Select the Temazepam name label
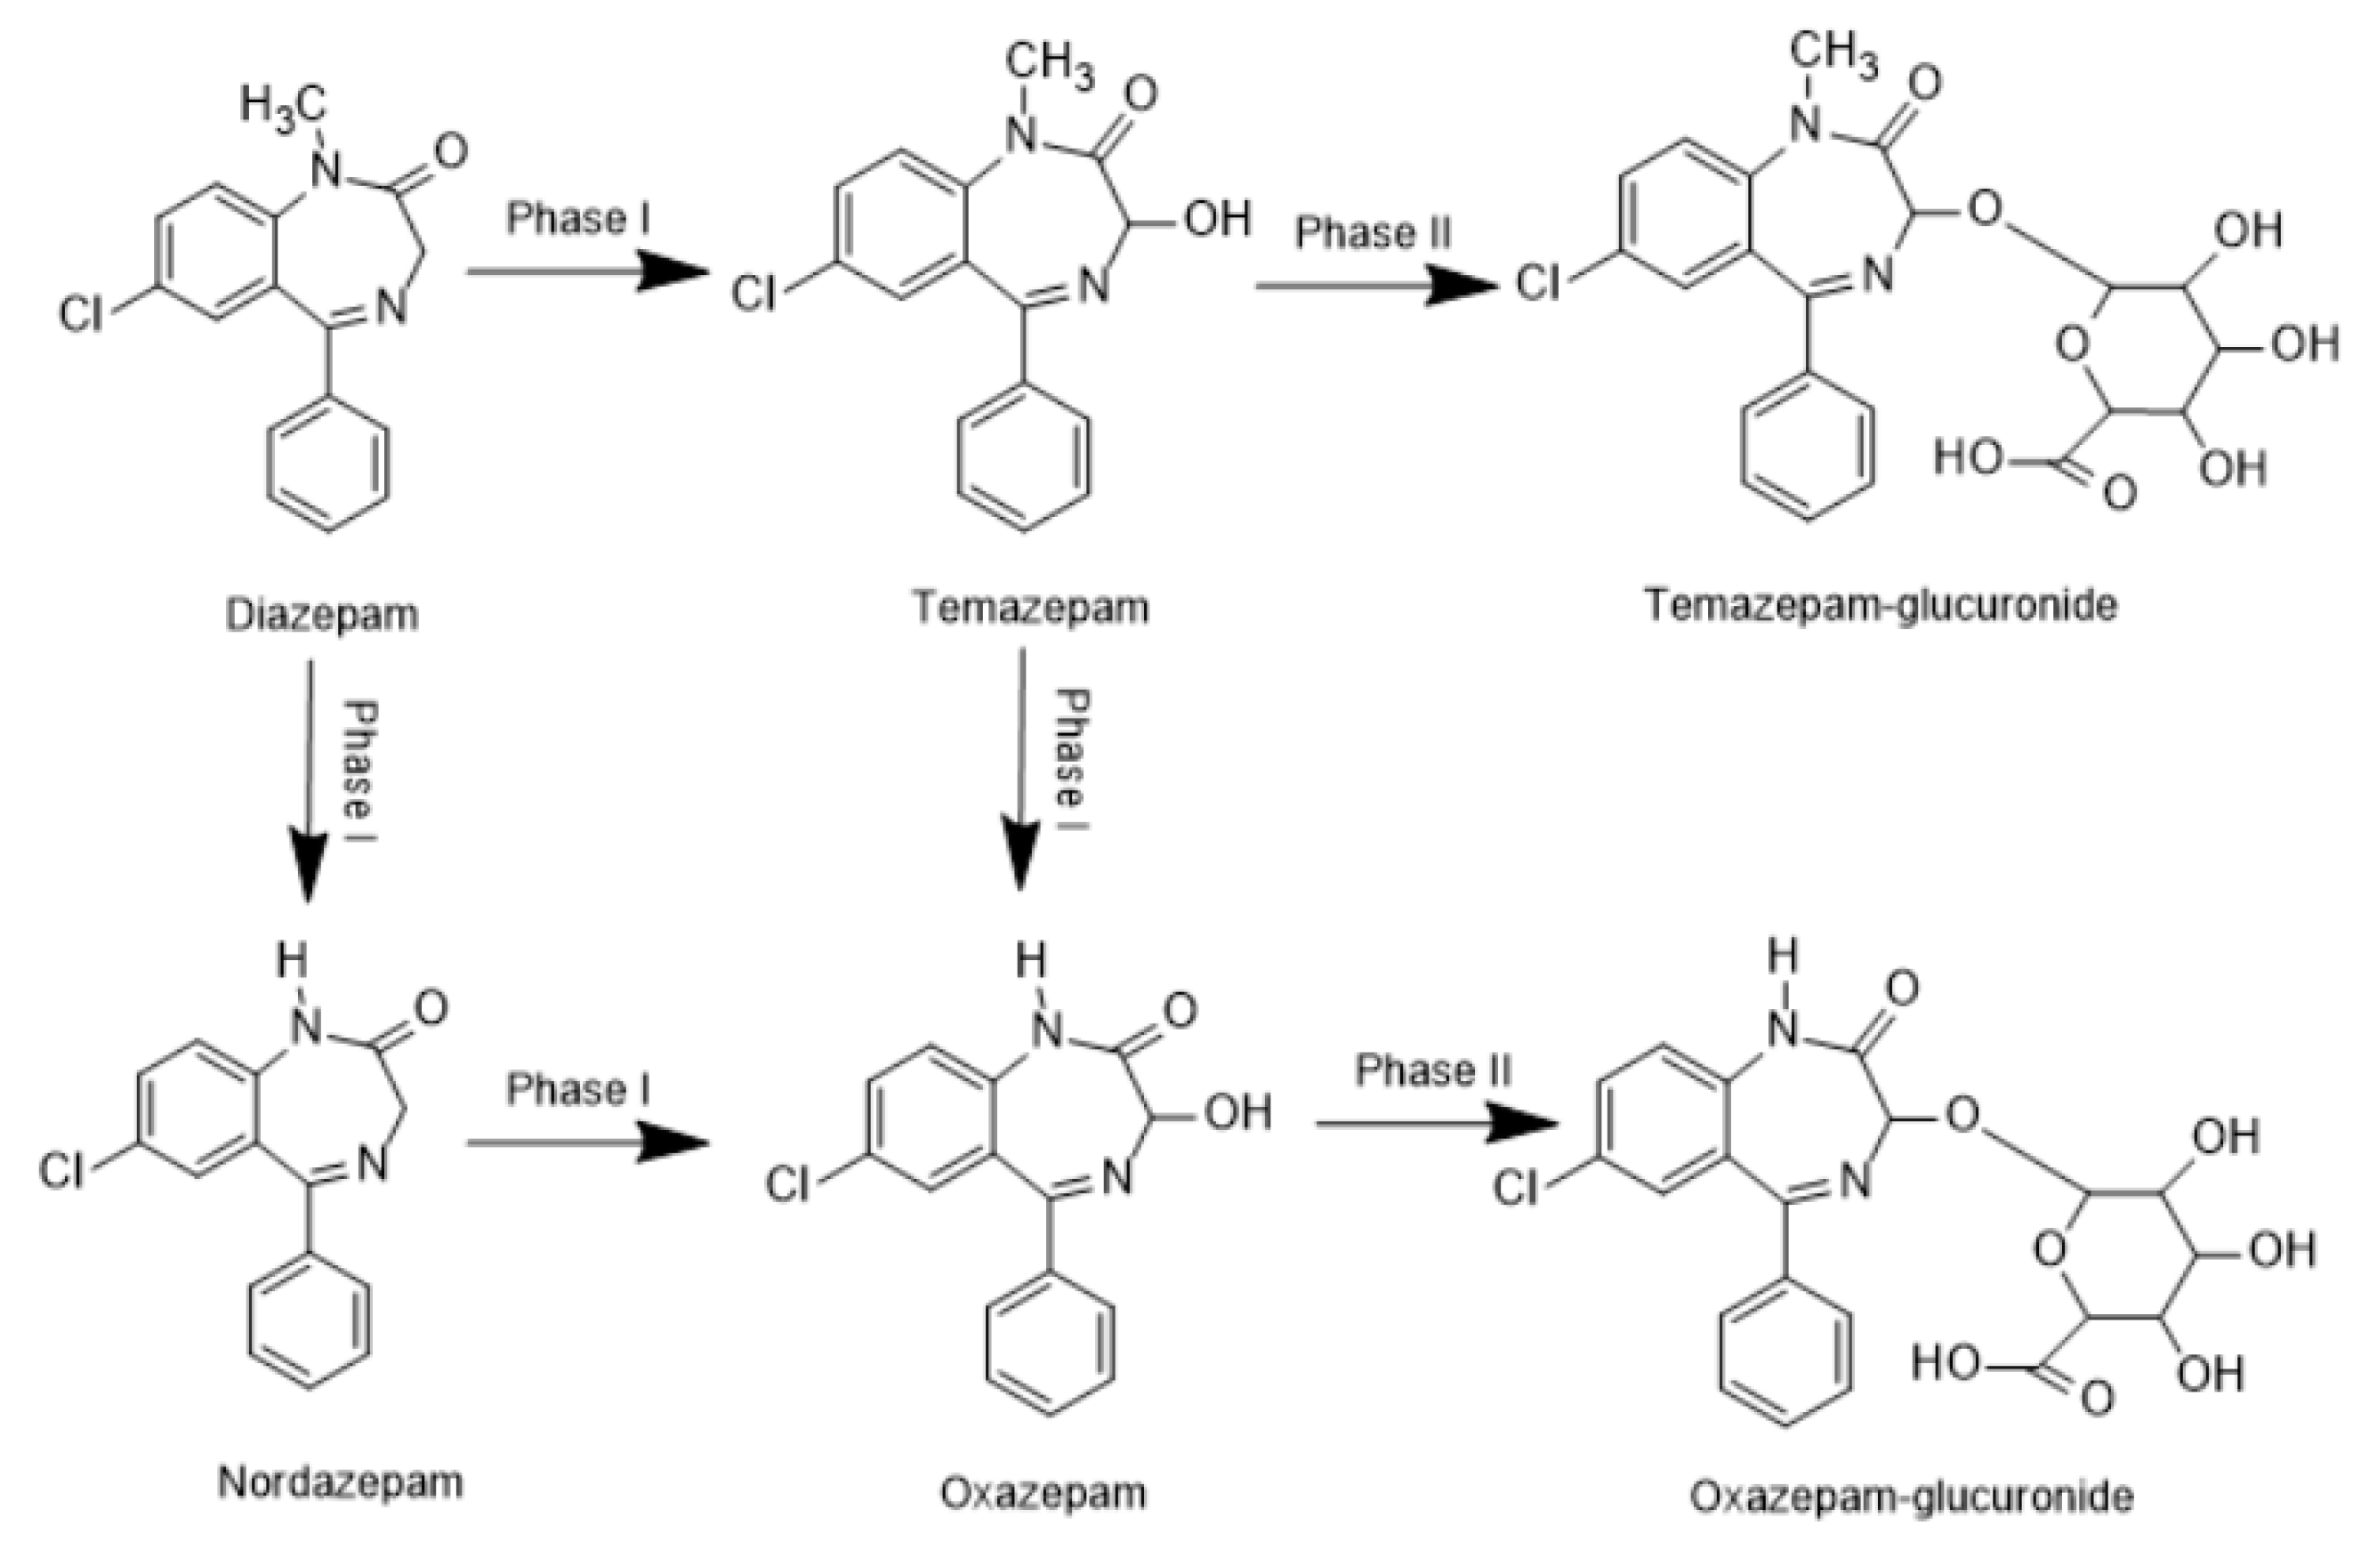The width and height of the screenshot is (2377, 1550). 1031,607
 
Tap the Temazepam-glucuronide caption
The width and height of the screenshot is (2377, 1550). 1881,605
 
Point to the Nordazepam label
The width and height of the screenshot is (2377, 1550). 341,1482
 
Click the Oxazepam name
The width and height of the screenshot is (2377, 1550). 1043,1493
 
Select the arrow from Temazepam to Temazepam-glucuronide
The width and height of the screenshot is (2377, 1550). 1376,287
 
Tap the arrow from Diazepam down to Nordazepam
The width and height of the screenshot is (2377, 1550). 308,779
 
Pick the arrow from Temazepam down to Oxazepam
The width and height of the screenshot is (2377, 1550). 1020,769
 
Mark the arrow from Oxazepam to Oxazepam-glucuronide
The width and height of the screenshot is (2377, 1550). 1436,1125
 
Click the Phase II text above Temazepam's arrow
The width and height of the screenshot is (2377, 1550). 1374,233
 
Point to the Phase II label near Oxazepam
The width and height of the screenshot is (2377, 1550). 1433,1070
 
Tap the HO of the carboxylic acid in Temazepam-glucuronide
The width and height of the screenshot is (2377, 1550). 1969,457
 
